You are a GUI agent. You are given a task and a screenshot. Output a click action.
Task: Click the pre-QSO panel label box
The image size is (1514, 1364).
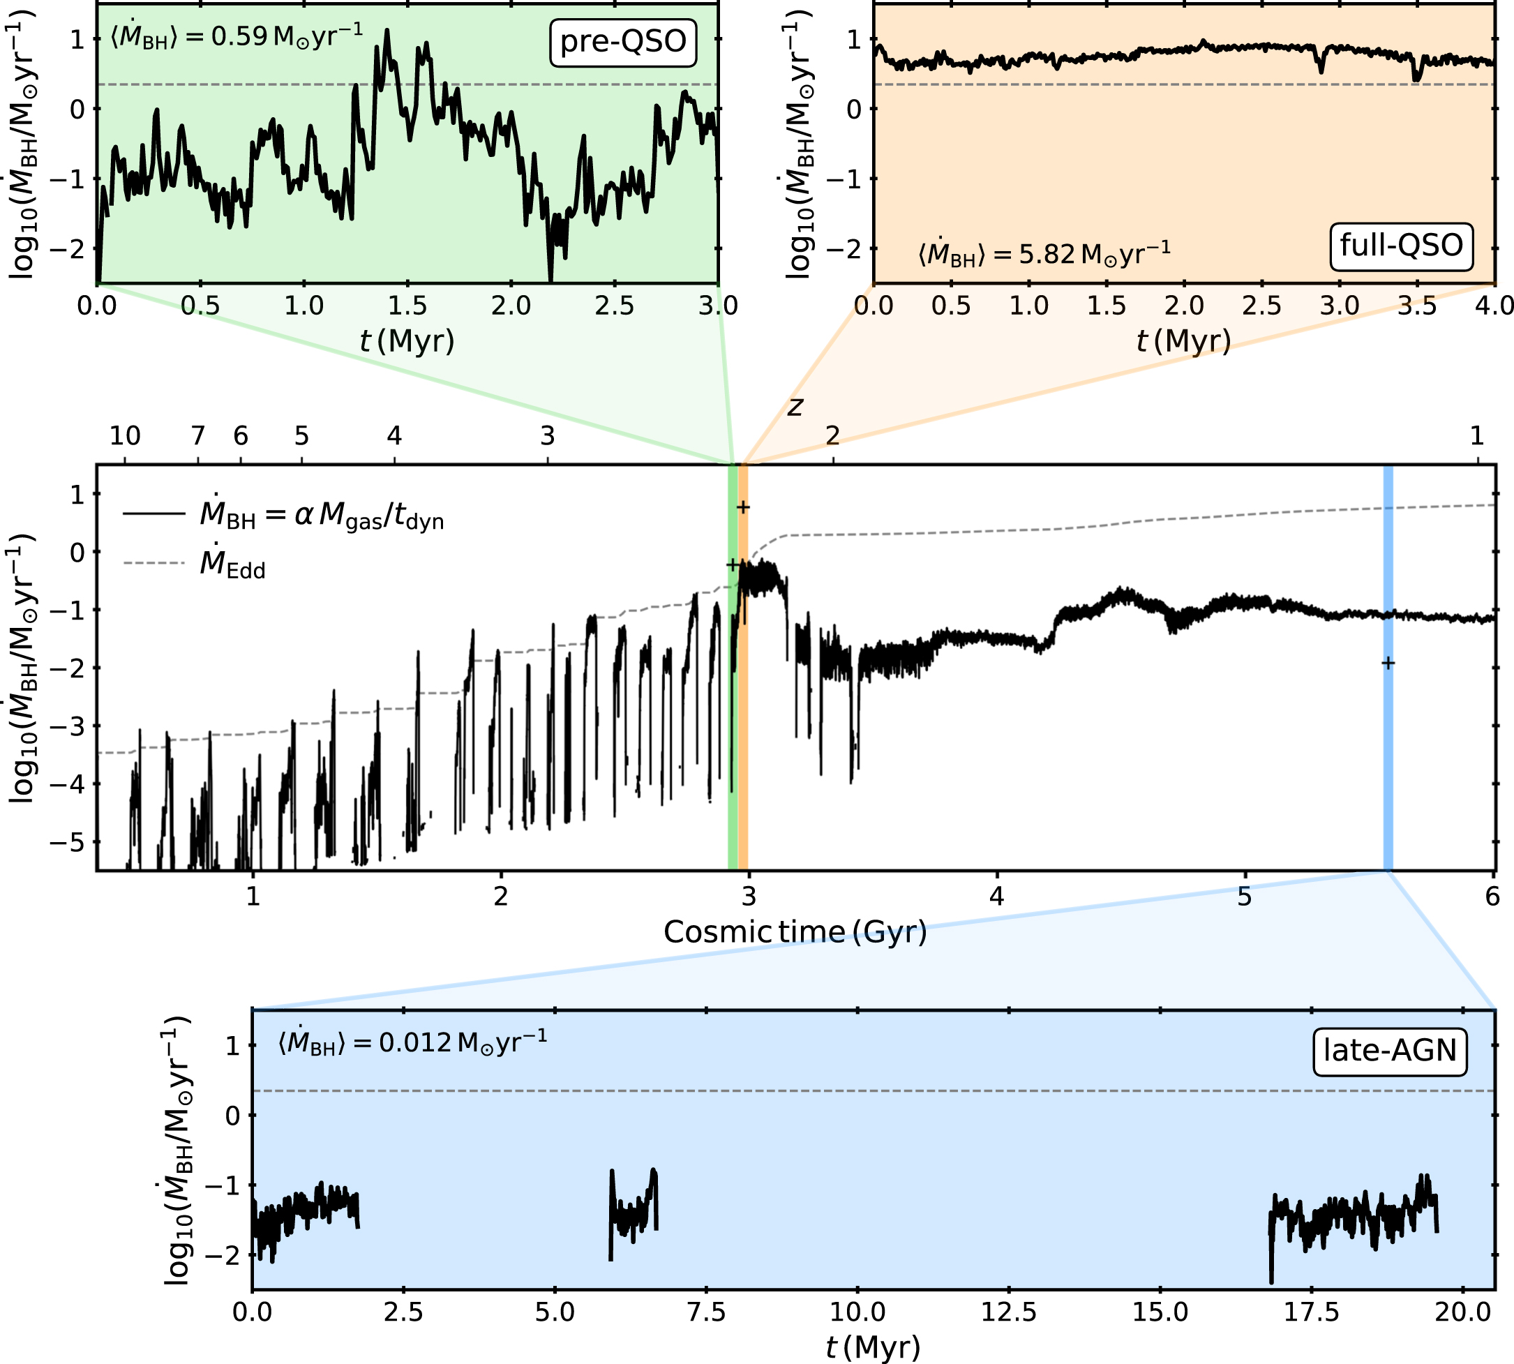click(623, 43)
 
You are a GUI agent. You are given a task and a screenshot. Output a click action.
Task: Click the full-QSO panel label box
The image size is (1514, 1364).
click(1402, 246)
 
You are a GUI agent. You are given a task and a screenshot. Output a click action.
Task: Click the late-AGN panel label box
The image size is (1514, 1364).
click(1391, 1051)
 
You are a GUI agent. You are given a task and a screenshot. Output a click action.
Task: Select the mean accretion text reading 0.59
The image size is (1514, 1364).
click(237, 36)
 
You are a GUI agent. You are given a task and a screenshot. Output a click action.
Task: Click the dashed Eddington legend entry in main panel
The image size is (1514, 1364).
click(195, 564)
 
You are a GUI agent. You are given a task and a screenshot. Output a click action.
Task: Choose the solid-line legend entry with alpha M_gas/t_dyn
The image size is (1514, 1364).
click(284, 514)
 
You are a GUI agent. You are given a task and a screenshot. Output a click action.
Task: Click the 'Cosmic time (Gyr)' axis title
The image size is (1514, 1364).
click(795, 932)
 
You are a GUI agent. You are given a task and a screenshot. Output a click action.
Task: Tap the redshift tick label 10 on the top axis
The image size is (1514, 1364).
click(125, 435)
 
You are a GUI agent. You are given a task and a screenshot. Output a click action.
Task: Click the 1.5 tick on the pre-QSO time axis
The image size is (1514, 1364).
click(407, 306)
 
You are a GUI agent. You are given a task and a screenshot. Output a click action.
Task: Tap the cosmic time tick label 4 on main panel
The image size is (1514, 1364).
click(997, 897)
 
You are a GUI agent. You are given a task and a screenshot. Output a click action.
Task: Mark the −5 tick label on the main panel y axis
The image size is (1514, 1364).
click(68, 842)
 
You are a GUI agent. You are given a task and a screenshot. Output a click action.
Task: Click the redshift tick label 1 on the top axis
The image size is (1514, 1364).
click(1477, 435)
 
